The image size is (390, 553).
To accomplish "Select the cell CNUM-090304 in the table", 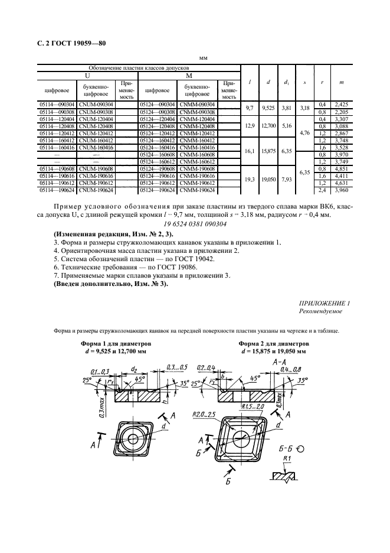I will click(96, 105).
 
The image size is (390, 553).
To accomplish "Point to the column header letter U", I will click(87, 76).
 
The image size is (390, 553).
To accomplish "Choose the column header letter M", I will click(189, 76).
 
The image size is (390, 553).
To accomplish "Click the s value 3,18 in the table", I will click(304, 108).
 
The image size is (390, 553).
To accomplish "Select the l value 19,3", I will click(249, 180).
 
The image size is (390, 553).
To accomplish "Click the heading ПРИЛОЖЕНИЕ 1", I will click(325, 303).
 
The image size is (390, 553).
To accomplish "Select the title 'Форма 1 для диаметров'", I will click(116, 343).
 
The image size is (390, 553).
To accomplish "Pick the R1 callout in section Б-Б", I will click(288, 459).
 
